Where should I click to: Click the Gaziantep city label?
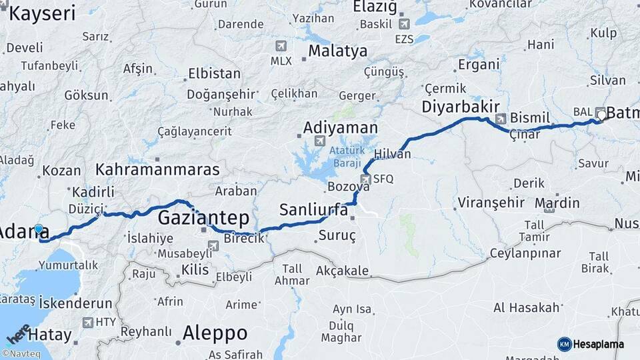(203, 218)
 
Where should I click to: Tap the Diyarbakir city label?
(461, 107)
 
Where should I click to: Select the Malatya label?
(337, 51)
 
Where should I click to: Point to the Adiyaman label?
(340, 127)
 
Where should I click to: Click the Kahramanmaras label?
(157, 169)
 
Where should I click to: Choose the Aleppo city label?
(215, 333)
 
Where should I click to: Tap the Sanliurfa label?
(313, 210)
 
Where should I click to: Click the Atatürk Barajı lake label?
(345, 156)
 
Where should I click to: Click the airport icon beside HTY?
(88, 323)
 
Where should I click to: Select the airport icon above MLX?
(281, 46)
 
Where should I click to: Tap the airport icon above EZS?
(404, 24)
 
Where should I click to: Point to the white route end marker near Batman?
(601, 115)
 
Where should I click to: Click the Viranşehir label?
(487, 203)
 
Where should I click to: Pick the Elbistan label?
(214, 73)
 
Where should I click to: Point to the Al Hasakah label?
(526, 307)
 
